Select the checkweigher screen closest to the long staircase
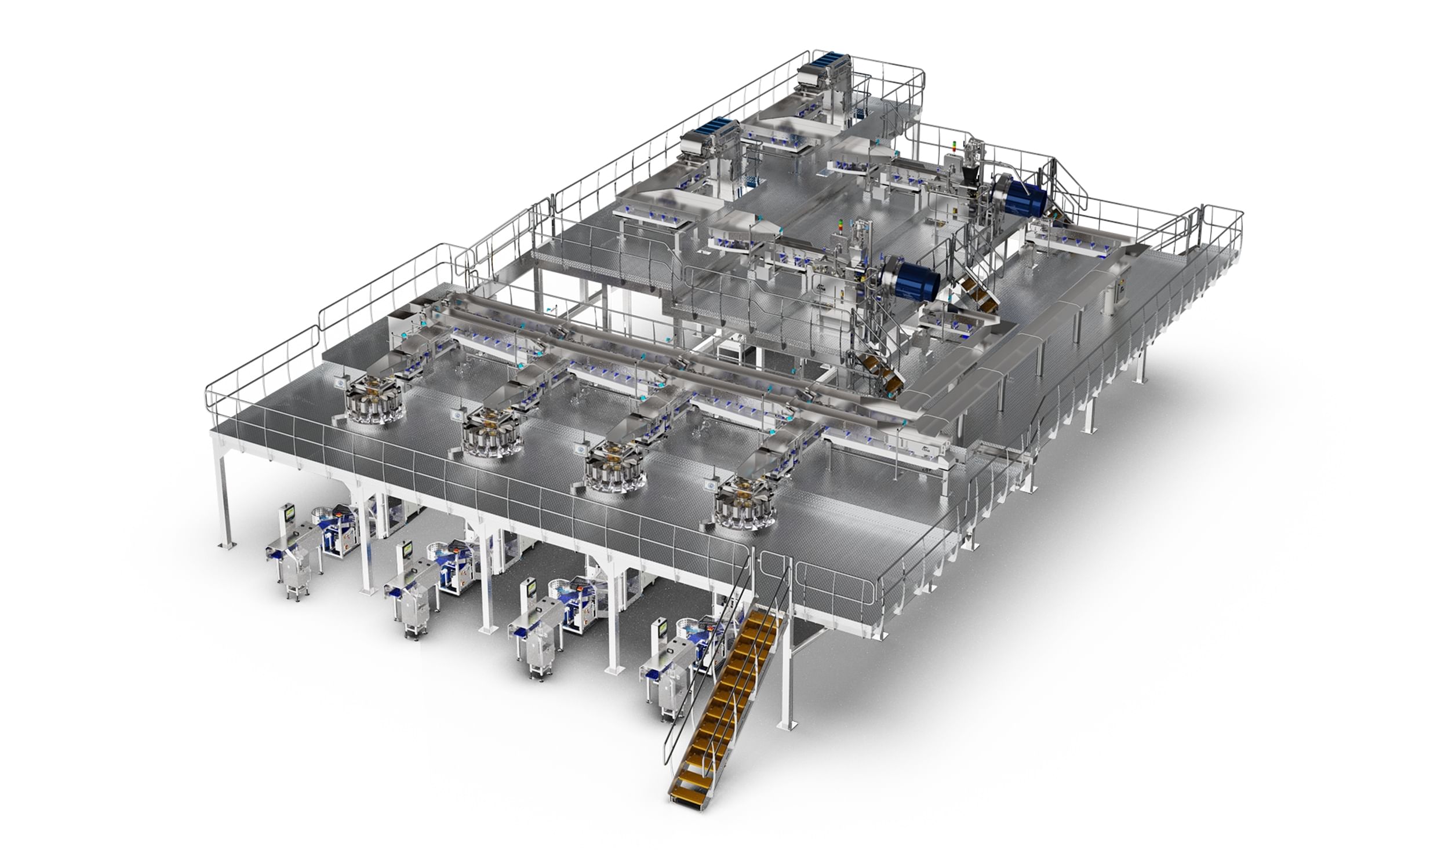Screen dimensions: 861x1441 point(662,627)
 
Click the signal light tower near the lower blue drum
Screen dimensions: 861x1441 point(840,226)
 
